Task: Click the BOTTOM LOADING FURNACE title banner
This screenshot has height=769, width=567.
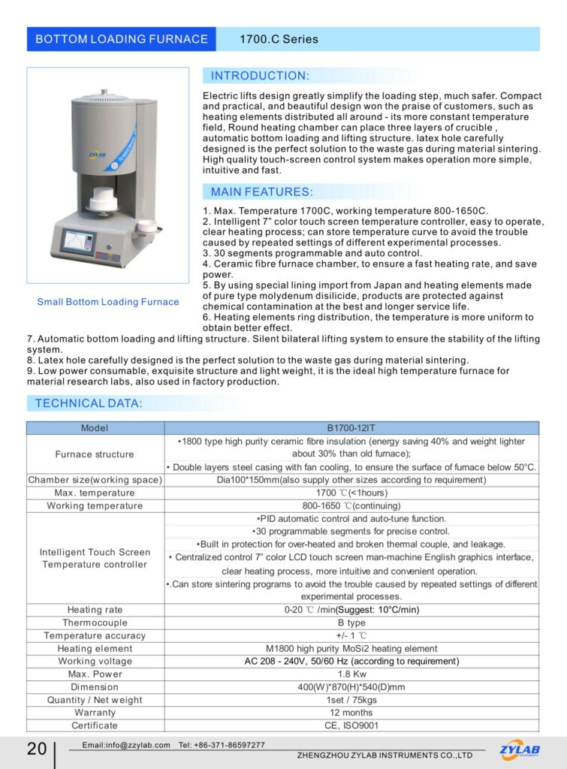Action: coord(122,39)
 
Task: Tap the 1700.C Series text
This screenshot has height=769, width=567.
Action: coord(279,39)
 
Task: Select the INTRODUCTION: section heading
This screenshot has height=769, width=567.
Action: coord(260,76)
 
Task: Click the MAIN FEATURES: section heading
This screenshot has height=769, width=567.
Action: coord(261,192)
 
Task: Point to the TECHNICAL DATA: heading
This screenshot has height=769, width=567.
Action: coord(89,403)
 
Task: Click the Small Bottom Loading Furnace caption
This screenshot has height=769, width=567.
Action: coord(108,302)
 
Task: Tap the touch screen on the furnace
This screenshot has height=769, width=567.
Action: coord(77,242)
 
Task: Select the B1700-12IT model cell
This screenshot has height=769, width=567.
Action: coord(351,428)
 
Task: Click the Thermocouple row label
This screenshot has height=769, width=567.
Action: coord(95,623)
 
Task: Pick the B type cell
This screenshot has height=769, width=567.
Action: coord(351,623)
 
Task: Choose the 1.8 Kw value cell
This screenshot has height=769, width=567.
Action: coord(351,674)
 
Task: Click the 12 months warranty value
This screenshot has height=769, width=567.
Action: coord(351,713)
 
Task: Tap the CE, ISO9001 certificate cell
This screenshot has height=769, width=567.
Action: coord(351,725)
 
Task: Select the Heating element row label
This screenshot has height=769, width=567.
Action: coord(95,649)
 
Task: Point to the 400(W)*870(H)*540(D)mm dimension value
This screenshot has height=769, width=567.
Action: coord(351,687)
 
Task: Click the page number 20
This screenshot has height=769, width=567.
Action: coord(36,749)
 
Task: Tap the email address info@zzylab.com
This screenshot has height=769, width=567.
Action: coord(126,745)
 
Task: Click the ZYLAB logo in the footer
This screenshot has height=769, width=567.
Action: coord(519,749)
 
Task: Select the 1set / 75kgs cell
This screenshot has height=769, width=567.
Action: coord(351,700)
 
